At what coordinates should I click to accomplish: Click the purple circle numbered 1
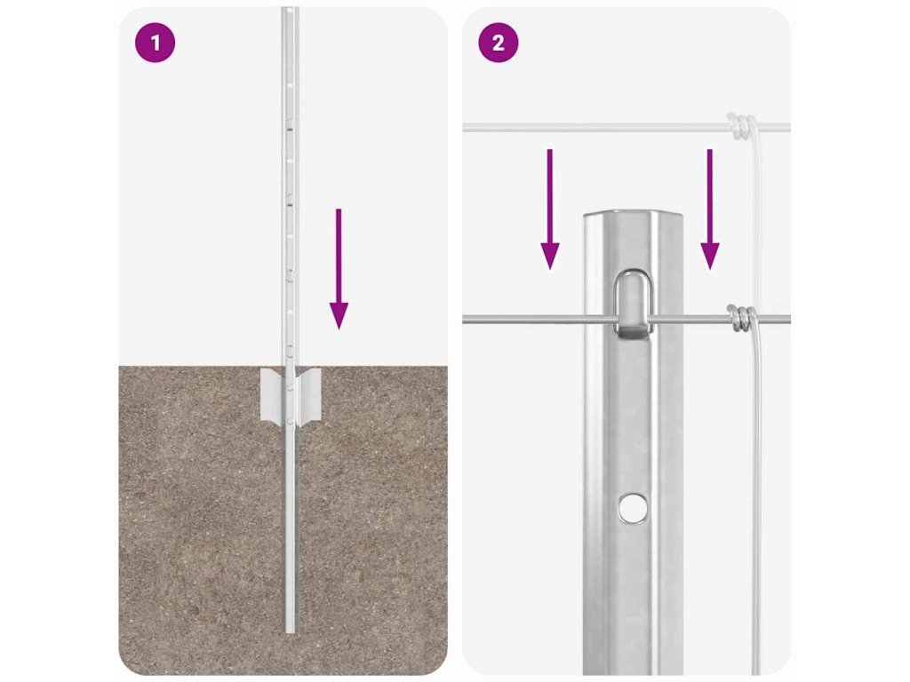point(155,43)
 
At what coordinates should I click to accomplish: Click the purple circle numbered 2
point(498,43)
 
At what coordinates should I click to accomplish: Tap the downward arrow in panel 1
point(339,269)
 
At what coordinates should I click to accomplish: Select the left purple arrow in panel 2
point(549,210)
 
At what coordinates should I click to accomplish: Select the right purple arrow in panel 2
point(709,210)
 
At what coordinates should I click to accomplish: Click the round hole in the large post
point(632,508)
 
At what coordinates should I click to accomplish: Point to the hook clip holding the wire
point(633,304)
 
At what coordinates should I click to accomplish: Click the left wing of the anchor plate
point(272,394)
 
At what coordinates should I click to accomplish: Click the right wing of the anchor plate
point(308,394)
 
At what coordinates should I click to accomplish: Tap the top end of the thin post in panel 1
point(291,9)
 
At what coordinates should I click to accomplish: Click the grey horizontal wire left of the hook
point(538,320)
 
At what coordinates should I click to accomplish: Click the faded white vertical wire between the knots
point(757,221)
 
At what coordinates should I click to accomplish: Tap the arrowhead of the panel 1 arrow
point(339,316)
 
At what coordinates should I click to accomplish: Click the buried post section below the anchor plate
point(291,527)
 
